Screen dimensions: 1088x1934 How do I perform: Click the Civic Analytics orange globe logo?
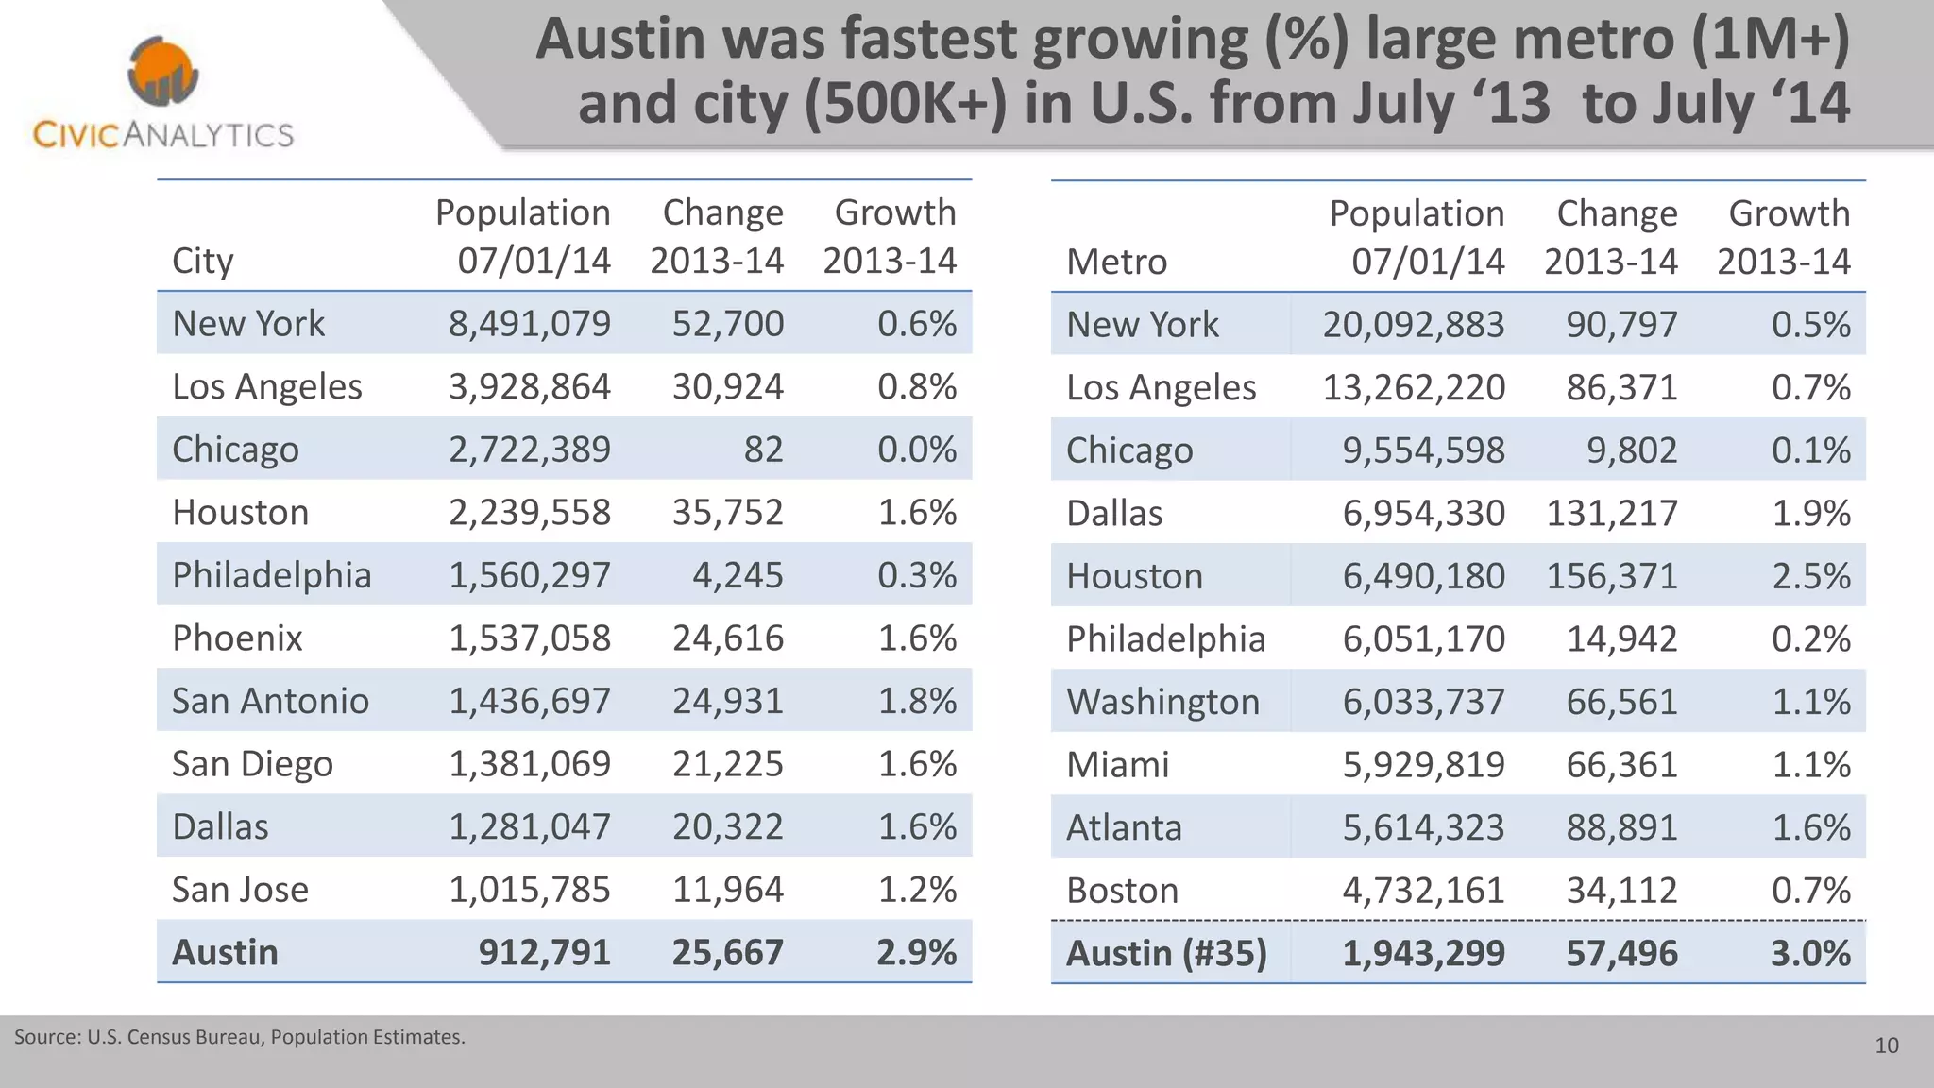click(162, 72)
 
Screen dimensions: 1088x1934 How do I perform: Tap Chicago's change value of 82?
click(763, 450)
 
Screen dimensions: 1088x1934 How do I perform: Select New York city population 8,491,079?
click(529, 324)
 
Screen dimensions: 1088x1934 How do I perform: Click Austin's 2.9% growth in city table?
click(916, 952)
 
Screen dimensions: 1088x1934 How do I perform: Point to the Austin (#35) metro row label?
click(1166, 953)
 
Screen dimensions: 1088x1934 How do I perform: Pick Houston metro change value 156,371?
click(1611, 576)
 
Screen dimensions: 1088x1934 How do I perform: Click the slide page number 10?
click(1886, 1045)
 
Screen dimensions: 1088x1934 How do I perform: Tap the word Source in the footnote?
click(45, 1037)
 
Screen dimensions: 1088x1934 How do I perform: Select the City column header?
click(202, 261)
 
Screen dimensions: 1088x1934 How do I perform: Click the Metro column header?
click(1116, 262)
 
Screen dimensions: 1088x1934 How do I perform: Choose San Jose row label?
click(240, 890)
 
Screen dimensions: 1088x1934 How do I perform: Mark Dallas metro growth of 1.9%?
click(1810, 514)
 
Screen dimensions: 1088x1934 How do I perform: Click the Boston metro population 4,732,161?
click(1423, 891)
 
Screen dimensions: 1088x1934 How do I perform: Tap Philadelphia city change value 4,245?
click(738, 575)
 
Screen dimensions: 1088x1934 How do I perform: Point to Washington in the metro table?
click(1162, 702)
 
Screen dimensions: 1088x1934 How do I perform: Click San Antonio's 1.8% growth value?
click(917, 701)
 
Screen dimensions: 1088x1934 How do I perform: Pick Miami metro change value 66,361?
click(1621, 764)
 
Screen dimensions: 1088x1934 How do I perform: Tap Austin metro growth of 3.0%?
click(1810, 953)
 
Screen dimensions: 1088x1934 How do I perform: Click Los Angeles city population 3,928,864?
click(529, 387)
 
